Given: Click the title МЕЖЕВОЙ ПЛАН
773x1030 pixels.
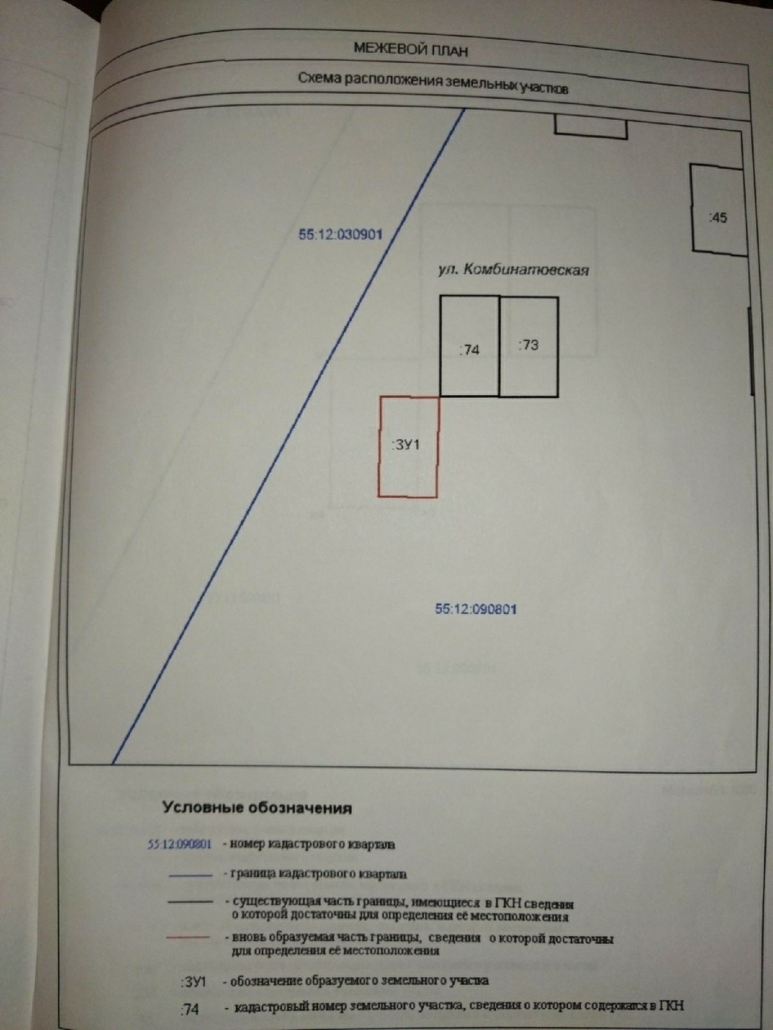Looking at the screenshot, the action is coord(410,49).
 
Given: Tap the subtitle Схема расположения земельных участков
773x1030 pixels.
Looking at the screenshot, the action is coord(432,82).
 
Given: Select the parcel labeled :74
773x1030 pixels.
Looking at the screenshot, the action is coord(470,346).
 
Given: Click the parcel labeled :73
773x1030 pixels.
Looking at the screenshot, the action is coord(529,346).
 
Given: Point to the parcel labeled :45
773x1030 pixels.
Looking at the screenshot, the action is coord(719,210).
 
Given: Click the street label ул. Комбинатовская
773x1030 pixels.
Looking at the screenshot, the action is coord(513,270).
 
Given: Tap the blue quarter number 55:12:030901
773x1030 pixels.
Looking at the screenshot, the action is coord(340,234).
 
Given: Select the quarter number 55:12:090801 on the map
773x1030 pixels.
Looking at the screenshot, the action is coord(476,608).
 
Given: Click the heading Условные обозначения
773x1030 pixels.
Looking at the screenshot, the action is coord(257,808).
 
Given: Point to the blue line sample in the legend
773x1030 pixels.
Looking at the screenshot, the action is coord(190,875).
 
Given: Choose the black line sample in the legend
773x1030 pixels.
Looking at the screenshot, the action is coord(190,902).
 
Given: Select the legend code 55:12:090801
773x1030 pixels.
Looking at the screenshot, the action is coord(180,845).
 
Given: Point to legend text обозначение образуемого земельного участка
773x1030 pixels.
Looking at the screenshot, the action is coord(359,981).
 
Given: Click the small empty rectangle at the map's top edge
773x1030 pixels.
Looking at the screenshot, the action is coord(591,126).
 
